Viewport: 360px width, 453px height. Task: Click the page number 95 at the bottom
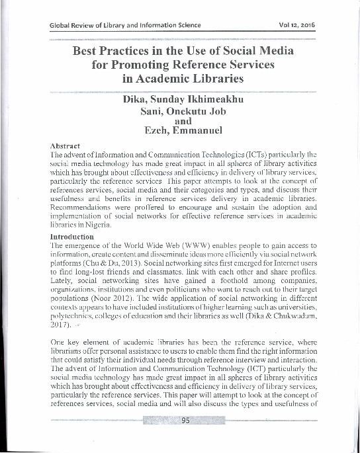click(x=185, y=420)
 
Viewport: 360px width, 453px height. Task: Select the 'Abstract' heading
click(x=65, y=145)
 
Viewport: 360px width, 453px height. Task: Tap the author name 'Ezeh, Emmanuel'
click(x=182, y=131)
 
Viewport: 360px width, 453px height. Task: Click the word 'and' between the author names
click(x=182, y=121)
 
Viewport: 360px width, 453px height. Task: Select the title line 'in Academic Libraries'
click(x=183, y=79)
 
